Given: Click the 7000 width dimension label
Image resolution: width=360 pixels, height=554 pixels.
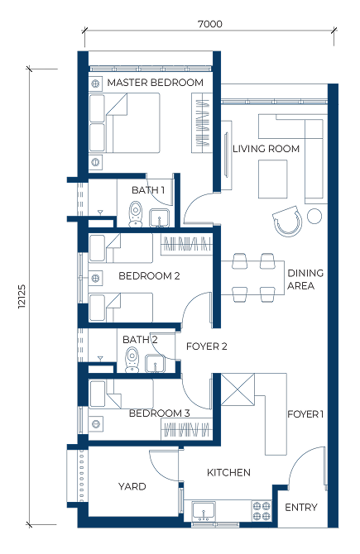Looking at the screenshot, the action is tap(210, 24).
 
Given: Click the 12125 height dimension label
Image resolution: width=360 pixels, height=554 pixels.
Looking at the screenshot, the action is tap(22, 296).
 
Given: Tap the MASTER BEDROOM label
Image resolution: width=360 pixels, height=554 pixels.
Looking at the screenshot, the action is tap(156, 83).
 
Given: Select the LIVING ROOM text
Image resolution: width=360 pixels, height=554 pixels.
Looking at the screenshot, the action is tap(266, 149).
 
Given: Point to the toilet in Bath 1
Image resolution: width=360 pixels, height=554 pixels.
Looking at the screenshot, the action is tap(135, 214).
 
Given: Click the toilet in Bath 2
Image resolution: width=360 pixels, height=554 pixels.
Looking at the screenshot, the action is tap(132, 360).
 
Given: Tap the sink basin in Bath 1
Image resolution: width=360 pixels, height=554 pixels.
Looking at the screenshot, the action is tap(160, 218).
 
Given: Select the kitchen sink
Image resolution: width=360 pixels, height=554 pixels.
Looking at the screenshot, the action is tap(204, 511).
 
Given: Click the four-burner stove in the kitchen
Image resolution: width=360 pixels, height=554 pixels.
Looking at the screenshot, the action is tap(262, 511).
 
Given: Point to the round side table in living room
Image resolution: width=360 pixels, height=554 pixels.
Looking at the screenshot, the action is tap(314, 216).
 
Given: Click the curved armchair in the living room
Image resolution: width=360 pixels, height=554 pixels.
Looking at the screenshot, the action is tap(287, 221).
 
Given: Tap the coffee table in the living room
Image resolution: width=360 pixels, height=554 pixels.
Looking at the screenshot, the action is tap(272, 179).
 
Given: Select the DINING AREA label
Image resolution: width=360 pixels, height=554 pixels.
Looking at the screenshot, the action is tap(305, 279).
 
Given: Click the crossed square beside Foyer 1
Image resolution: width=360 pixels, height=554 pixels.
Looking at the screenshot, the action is tap(238, 389).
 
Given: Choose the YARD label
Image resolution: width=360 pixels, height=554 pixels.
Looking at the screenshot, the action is tap(132, 486).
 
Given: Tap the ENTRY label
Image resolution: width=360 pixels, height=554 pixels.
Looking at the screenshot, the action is tap(301, 508).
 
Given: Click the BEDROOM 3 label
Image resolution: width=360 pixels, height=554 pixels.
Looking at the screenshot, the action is tap(160, 413).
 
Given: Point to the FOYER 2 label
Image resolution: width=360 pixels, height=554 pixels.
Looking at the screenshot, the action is tap(207, 346).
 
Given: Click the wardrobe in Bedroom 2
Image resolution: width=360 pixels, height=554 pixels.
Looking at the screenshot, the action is tap(187, 244).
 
